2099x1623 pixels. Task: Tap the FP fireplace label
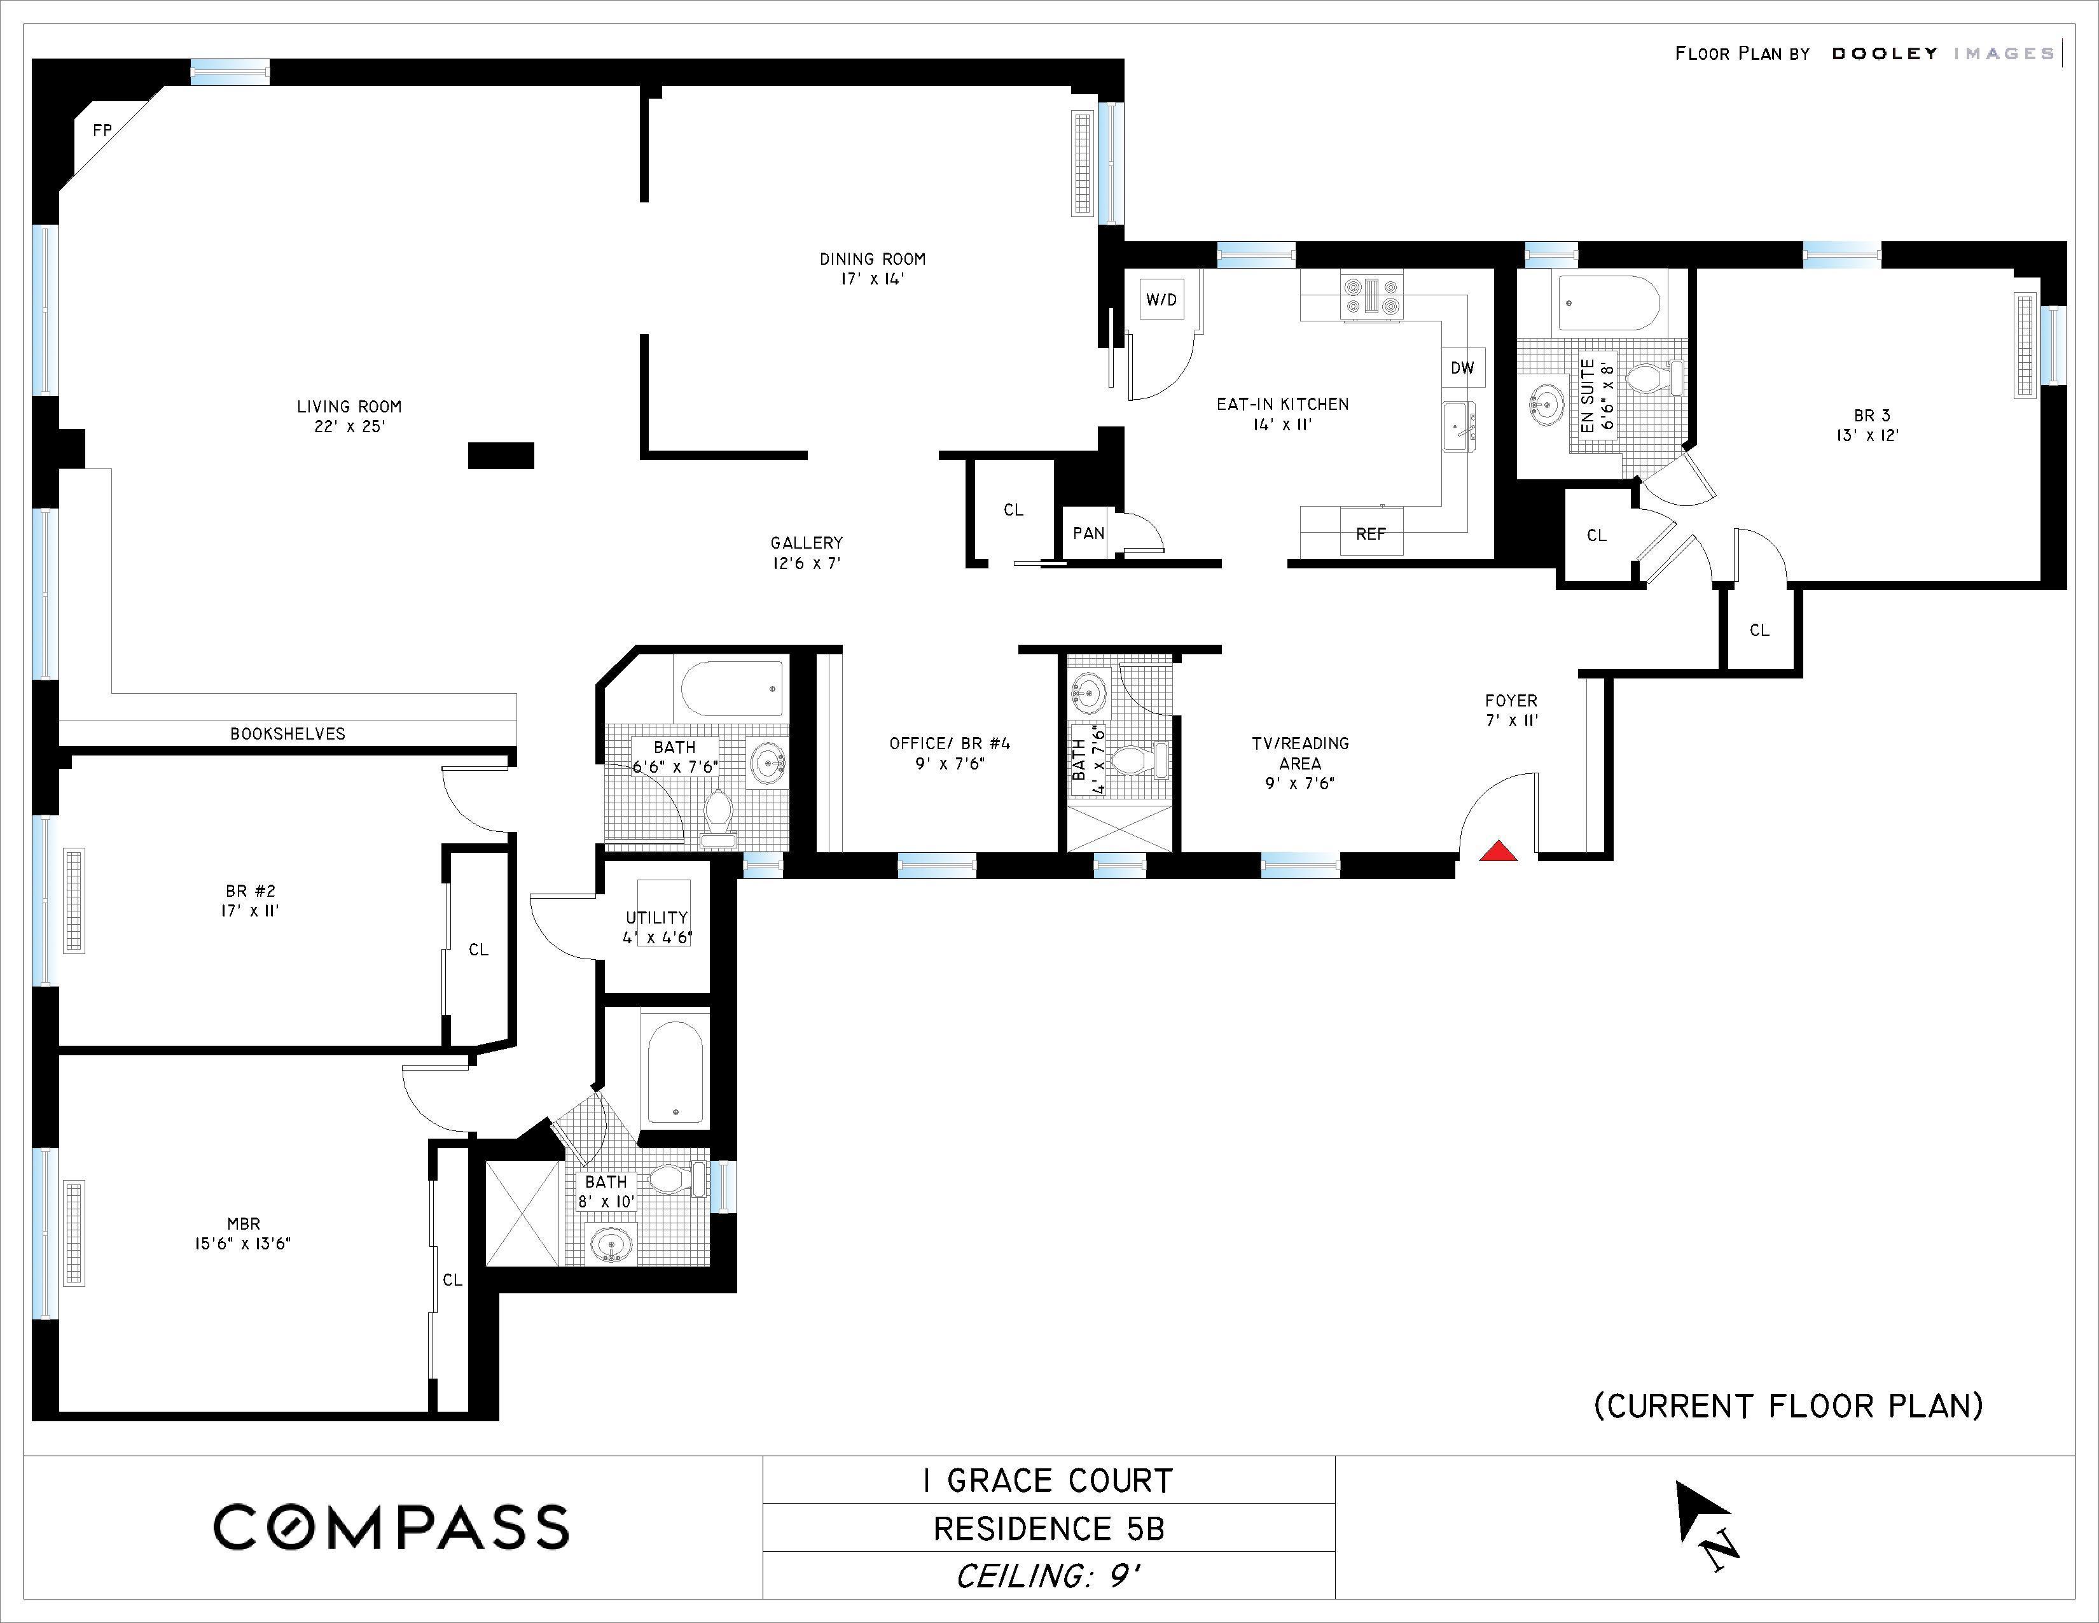point(102,130)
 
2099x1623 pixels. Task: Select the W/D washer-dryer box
point(1161,299)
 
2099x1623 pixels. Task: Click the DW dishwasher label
point(1462,367)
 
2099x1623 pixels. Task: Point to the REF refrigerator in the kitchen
point(1371,533)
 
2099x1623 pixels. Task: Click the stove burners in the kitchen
point(1373,295)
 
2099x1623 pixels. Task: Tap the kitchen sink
point(1459,425)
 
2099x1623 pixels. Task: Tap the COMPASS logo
point(391,1527)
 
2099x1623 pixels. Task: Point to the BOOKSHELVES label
point(287,734)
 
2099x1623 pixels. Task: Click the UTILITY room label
point(656,917)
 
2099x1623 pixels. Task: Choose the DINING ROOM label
point(873,258)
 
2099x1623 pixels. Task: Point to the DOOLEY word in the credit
point(1885,54)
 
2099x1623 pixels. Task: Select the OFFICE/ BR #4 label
point(950,743)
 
